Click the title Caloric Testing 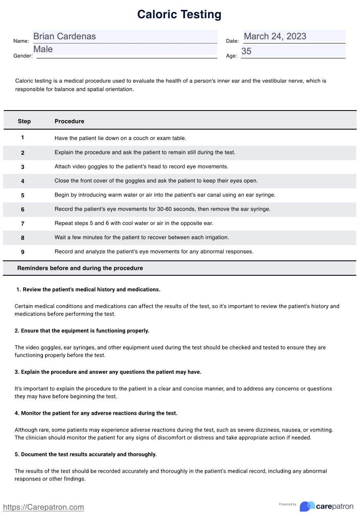[179, 14]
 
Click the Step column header [24, 121]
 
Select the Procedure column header [69, 121]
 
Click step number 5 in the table [23, 195]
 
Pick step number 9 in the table [23, 252]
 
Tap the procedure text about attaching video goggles [141, 166]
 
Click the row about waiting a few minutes [142, 238]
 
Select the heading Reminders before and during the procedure [80, 268]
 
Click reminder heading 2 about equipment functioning [82, 331]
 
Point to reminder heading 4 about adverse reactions [96, 413]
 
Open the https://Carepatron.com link [43, 507]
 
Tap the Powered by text [288, 504]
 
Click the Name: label [21, 41]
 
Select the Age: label [232, 56]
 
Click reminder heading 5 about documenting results [86, 454]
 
